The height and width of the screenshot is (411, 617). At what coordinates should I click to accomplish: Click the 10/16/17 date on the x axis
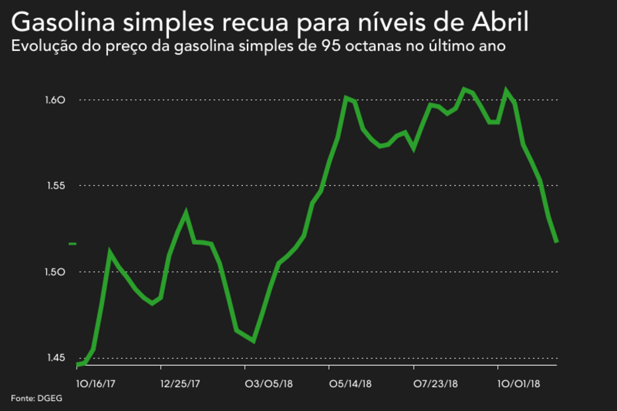coord(96,384)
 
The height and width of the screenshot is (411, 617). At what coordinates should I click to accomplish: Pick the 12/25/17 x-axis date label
coord(180,384)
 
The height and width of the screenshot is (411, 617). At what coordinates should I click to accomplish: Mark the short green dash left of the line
coord(72,244)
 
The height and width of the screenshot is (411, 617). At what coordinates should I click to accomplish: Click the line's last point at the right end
coord(557,242)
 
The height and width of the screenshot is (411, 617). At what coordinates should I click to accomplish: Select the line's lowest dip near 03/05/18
coord(254,341)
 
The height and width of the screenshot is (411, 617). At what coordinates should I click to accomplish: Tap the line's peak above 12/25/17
coord(186,213)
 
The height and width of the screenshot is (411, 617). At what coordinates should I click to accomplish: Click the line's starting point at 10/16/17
coord(77,365)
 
